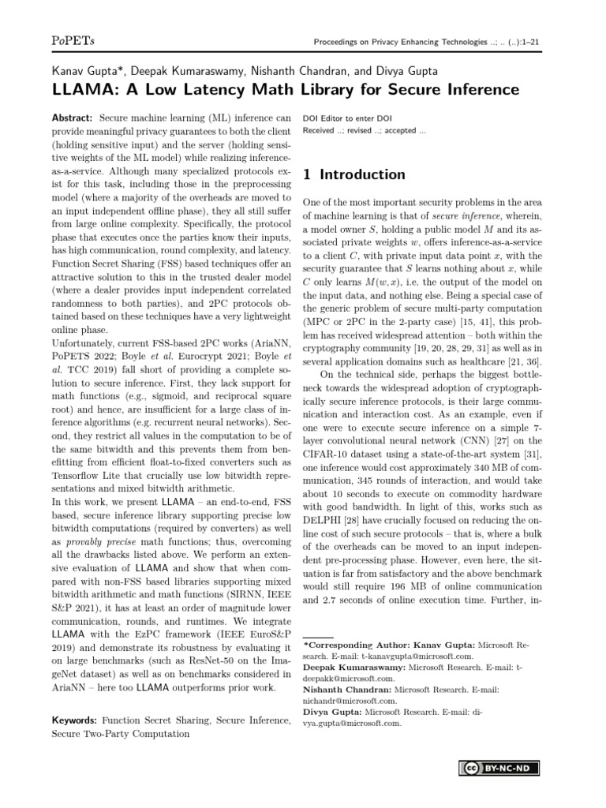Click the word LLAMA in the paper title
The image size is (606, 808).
[79, 90]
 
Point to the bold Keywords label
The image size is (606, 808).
[73, 720]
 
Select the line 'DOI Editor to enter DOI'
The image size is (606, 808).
[348, 118]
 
